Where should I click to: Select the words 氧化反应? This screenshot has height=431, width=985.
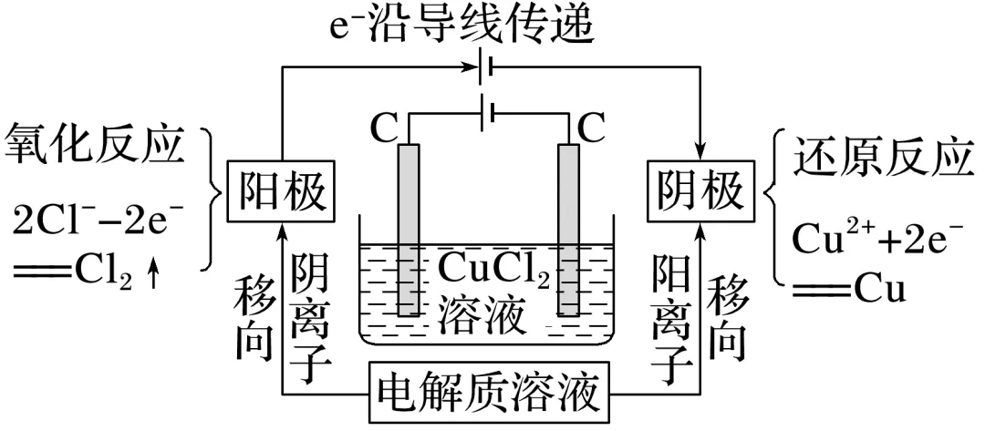point(100,145)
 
